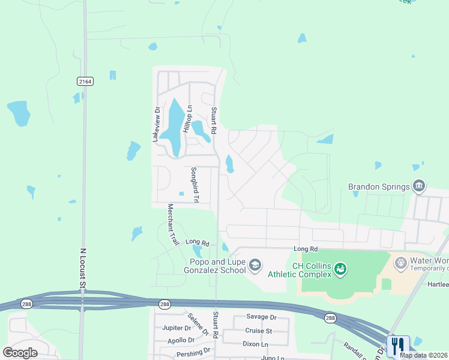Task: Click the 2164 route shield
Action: click(85, 81)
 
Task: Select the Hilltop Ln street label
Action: click(187, 119)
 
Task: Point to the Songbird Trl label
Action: click(194, 184)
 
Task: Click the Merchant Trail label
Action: click(173, 224)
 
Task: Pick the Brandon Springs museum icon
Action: click(419, 187)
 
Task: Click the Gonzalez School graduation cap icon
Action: click(255, 265)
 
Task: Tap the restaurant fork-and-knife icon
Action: click(397, 346)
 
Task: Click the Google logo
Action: click(20, 352)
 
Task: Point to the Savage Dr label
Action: click(261, 317)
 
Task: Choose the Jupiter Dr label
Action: click(176, 328)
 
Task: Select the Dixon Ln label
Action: click(256, 344)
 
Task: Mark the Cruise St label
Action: click(258, 331)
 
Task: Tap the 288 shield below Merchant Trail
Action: click(164, 305)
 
